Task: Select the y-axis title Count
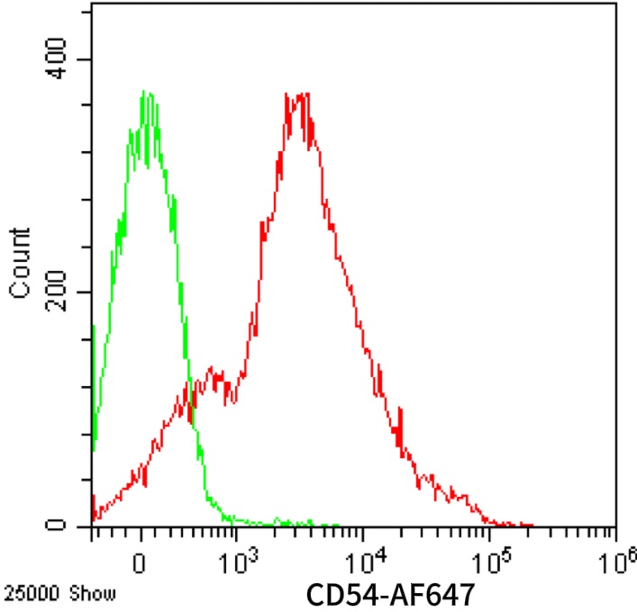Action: click(20, 263)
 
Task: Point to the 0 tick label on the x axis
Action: click(139, 562)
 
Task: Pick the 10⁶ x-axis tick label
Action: click(616, 560)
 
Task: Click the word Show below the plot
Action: click(68, 595)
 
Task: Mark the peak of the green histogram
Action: click(147, 93)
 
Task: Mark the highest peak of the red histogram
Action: click(297, 94)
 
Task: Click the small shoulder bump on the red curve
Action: click(213, 369)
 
